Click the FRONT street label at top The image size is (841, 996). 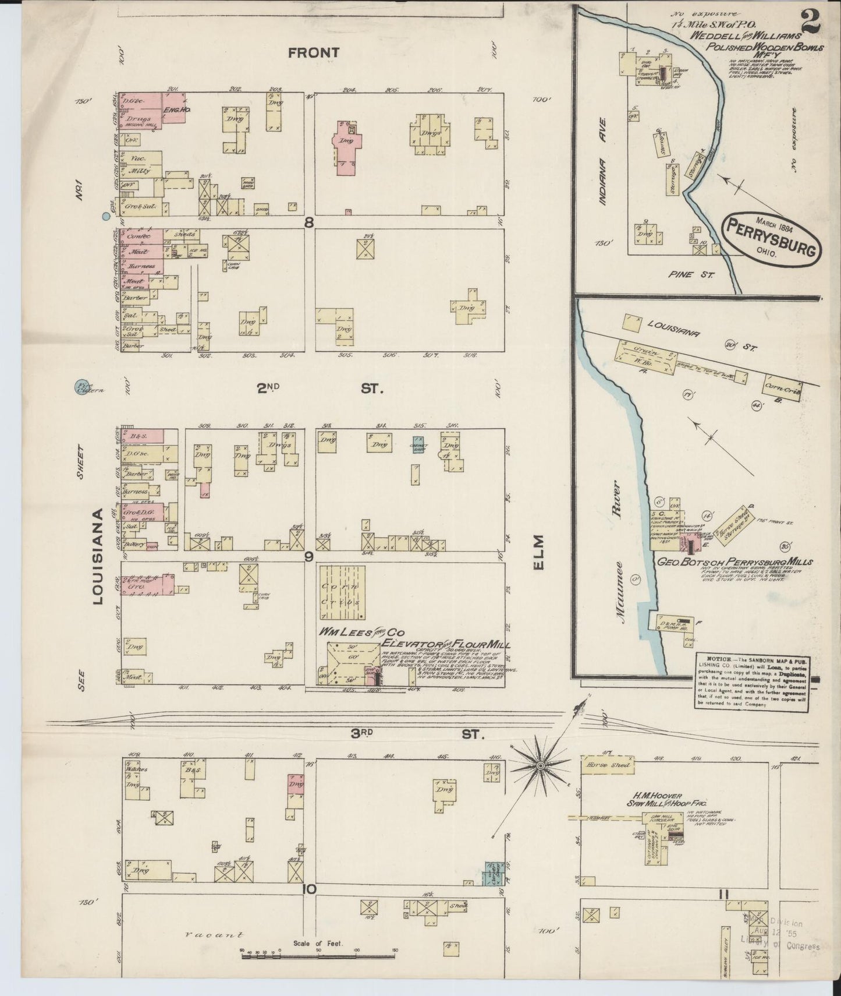point(314,53)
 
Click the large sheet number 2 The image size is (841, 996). point(811,23)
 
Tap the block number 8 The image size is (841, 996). point(309,222)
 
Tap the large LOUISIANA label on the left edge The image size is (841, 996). point(98,556)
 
